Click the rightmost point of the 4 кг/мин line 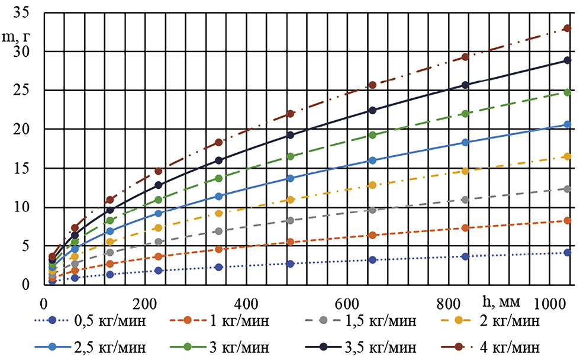coord(566,28)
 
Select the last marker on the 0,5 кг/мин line coord(566,253)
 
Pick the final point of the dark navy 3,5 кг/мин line coord(566,60)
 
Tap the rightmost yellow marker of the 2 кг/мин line coord(566,156)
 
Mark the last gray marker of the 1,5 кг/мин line coord(566,189)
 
